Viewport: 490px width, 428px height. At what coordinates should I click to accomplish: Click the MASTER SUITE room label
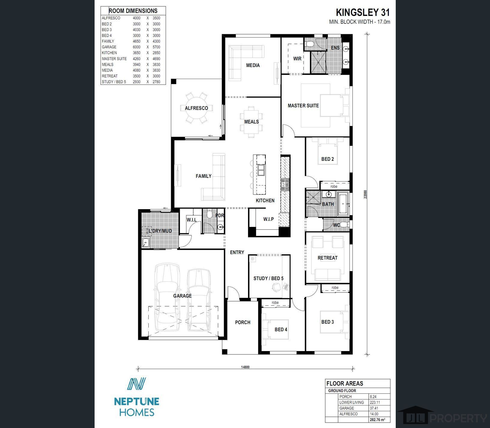click(303, 105)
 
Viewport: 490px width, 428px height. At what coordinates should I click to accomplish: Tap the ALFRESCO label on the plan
click(196, 108)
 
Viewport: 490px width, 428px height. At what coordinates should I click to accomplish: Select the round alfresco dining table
click(196, 108)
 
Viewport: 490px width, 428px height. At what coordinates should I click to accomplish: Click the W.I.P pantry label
click(268, 219)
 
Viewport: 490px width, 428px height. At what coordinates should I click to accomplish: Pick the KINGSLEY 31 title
click(363, 13)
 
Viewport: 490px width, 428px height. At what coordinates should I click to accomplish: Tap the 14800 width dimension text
click(245, 367)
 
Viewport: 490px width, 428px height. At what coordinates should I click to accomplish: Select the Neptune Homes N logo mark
click(136, 384)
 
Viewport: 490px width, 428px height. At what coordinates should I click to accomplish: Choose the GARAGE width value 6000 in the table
click(137, 47)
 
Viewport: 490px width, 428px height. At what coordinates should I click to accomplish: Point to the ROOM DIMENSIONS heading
click(133, 11)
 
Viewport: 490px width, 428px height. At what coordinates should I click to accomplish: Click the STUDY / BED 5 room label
click(268, 278)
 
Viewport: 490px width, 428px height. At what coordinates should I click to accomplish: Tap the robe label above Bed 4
click(275, 303)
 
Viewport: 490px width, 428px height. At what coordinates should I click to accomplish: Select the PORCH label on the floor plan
click(243, 322)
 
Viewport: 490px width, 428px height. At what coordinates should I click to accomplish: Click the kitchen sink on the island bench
click(261, 170)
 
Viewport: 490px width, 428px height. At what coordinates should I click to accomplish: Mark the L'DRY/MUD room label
click(160, 231)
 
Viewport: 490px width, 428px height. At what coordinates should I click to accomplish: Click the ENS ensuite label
click(335, 48)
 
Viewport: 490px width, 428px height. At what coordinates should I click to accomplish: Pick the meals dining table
click(251, 122)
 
